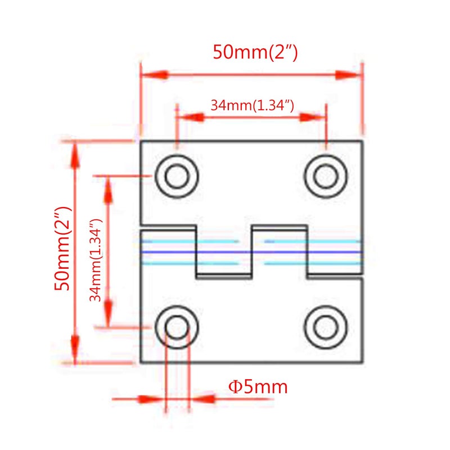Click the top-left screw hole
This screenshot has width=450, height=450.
pyautogui.click(x=177, y=176)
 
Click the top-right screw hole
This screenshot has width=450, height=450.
pyautogui.click(x=326, y=176)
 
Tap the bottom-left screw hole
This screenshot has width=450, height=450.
pyautogui.click(x=177, y=327)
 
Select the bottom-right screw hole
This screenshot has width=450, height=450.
pyautogui.click(x=326, y=327)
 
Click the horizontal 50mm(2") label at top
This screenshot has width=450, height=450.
pyautogui.click(x=255, y=52)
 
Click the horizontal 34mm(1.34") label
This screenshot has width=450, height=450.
pyautogui.click(x=252, y=105)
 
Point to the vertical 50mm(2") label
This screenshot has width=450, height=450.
pyautogui.click(x=62, y=248)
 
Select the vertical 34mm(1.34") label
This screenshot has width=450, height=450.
pyautogui.click(x=96, y=260)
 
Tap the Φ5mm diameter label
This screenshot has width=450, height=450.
pyautogui.click(x=258, y=387)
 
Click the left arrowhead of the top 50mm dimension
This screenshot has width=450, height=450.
pyautogui.click(x=154, y=75)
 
